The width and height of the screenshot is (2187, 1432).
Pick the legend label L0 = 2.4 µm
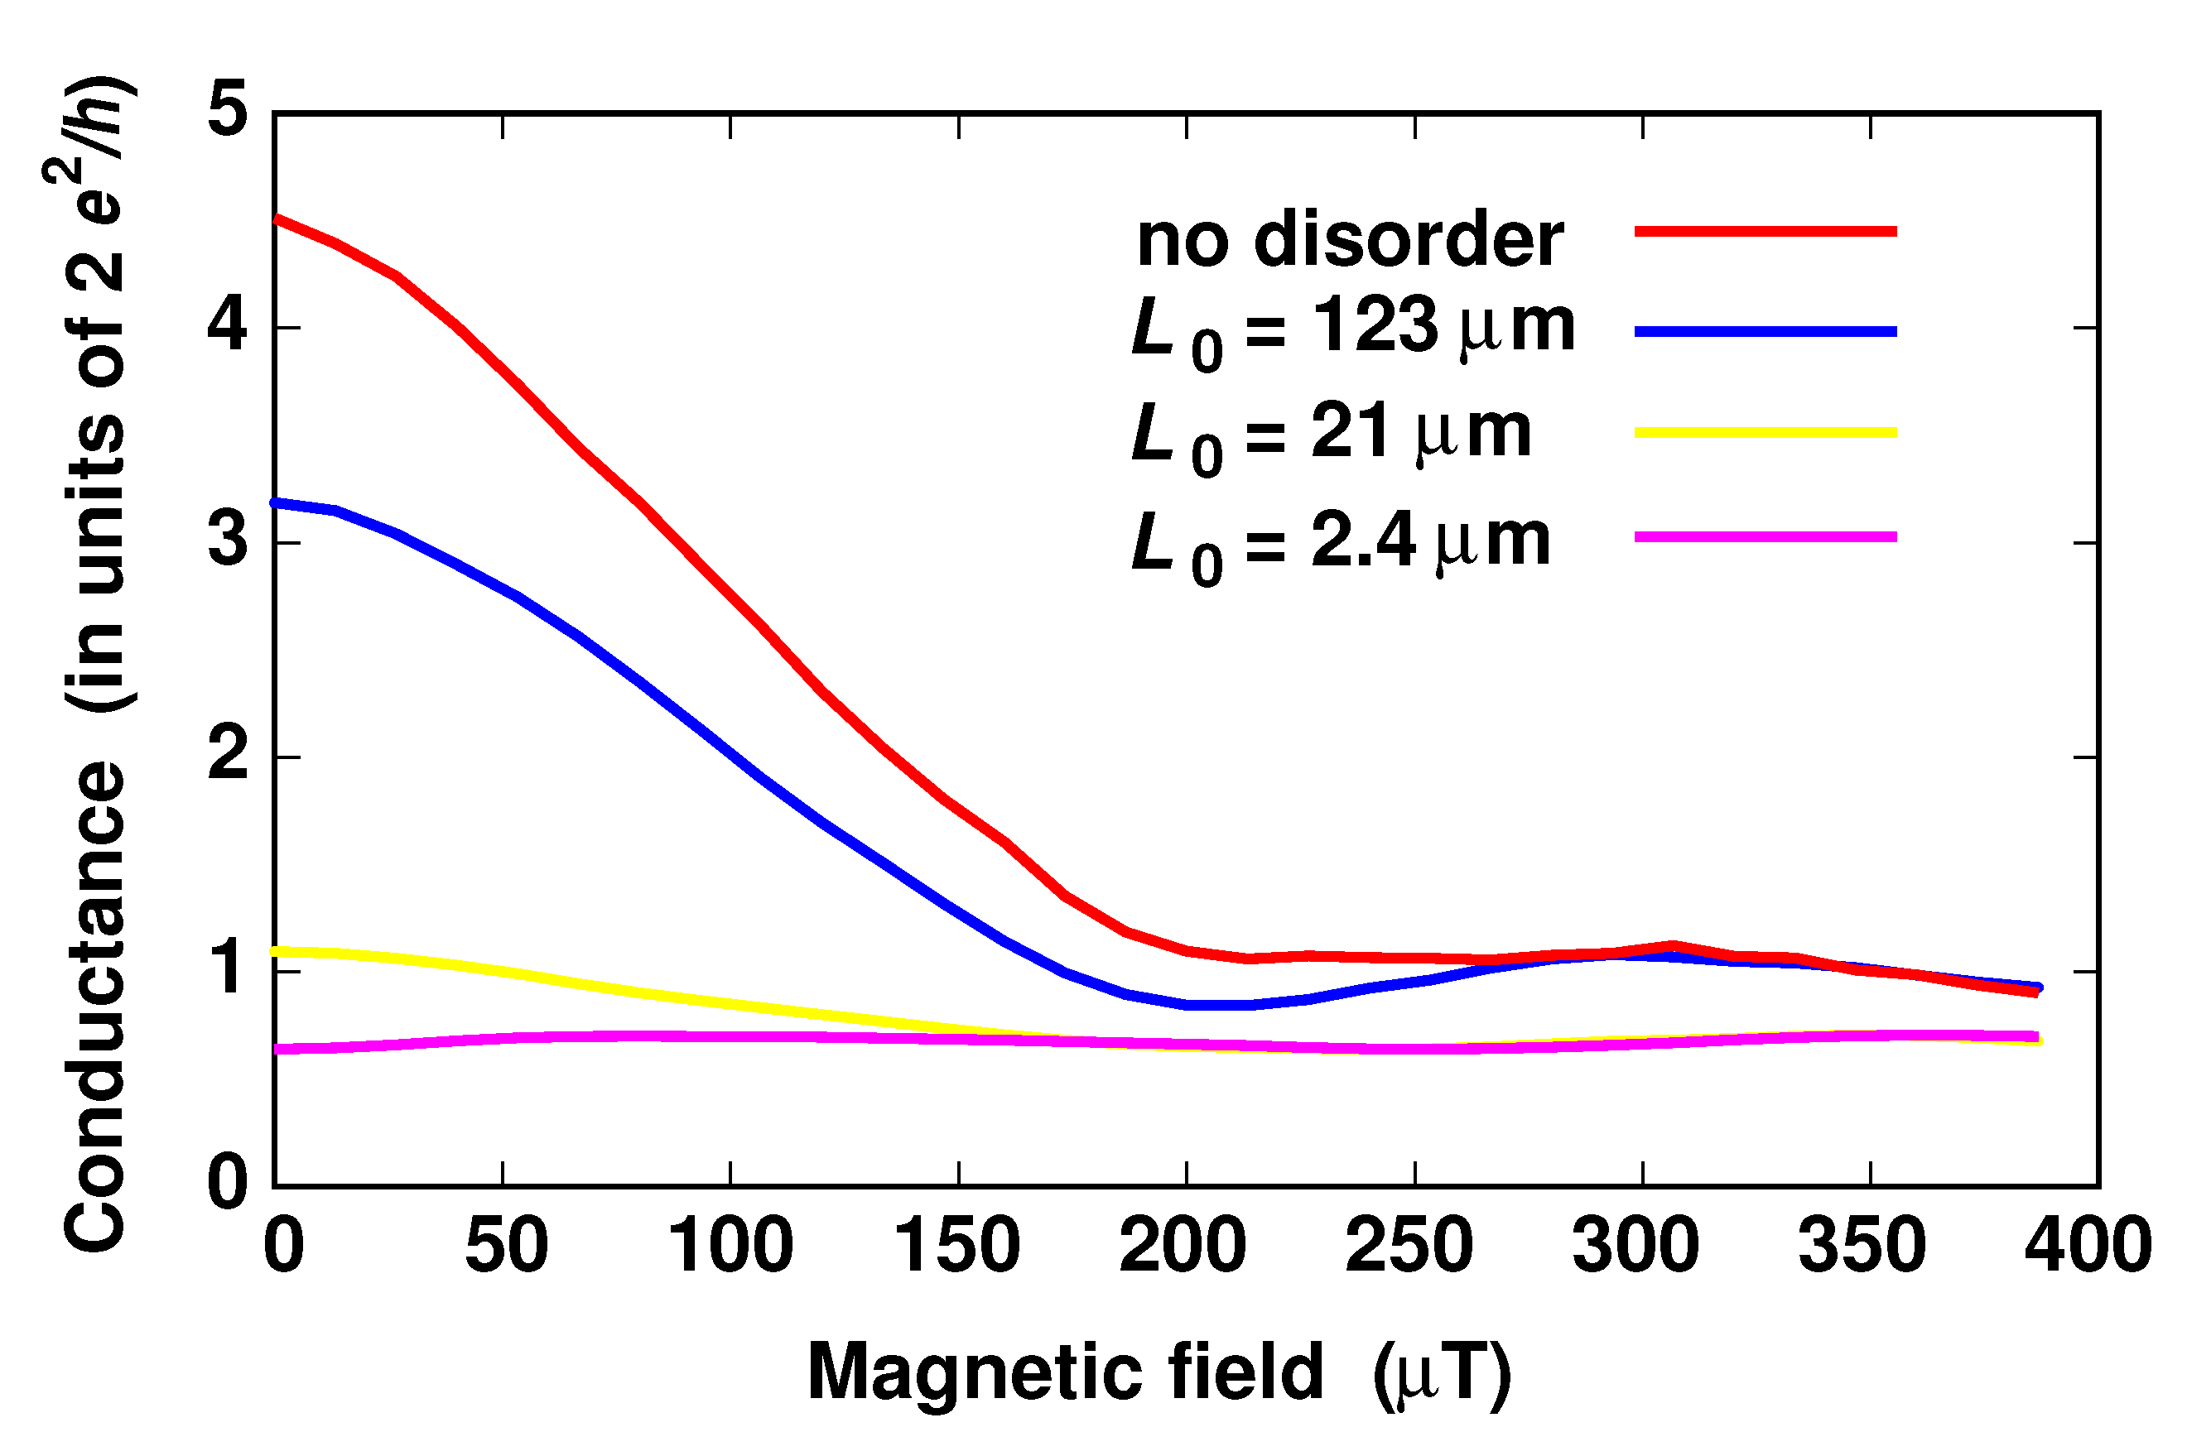tap(1340, 545)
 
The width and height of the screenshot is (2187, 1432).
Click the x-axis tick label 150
tap(956, 1246)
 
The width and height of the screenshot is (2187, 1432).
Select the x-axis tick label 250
tap(1409, 1246)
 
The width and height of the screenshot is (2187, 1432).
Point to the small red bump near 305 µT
tap(1670, 945)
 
